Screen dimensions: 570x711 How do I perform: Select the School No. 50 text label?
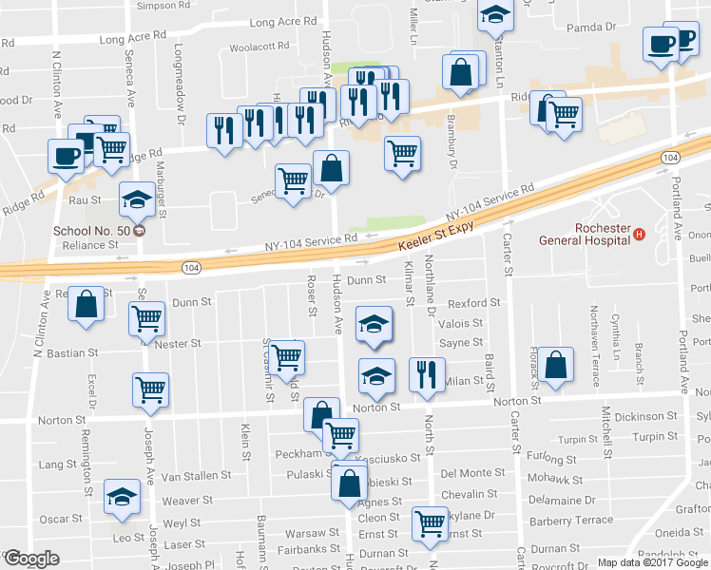point(89,230)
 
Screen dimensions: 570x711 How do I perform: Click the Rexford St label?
point(474,303)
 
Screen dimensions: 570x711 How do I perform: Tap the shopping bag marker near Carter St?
point(558,364)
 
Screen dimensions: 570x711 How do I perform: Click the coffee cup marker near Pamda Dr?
point(662,44)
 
